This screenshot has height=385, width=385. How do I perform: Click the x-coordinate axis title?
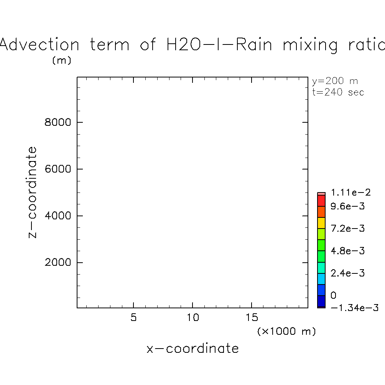pyautogui.click(x=192, y=349)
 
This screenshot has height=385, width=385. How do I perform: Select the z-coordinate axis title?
pyautogui.click(x=33, y=192)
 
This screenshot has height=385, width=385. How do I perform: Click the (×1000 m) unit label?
pyautogui.click(x=286, y=331)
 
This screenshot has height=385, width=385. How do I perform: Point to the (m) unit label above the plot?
pyautogui.click(x=62, y=61)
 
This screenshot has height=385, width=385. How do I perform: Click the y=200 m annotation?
pyautogui.click(x=335, y=81)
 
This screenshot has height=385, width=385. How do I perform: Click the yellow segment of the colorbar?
pyautogui.click(x=321, y=223)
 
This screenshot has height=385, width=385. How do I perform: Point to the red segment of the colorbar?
pyautogui.click(x=321, y=201)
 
